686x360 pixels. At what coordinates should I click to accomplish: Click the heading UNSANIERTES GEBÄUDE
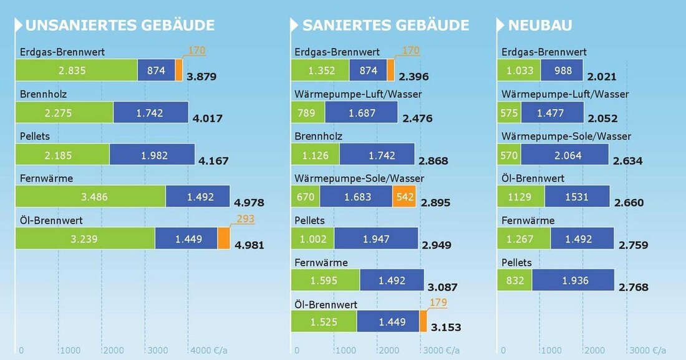click(x=120, y=26)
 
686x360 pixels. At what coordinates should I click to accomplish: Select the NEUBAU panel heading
click(x=540, y=26)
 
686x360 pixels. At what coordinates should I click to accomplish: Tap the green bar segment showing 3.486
click(x=90, y=197)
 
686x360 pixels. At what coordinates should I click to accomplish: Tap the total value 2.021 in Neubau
click(x=601, y=77)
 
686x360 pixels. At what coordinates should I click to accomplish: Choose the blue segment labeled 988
click(x=563, y=71)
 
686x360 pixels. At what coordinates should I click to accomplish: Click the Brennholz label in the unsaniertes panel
click(x=43, y=94)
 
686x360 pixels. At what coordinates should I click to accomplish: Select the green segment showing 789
click(x=308, y=113)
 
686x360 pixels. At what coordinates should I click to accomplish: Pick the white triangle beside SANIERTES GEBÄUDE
click(x=294, y=26)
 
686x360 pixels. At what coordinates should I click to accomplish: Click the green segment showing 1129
click(x=521, y=197)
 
